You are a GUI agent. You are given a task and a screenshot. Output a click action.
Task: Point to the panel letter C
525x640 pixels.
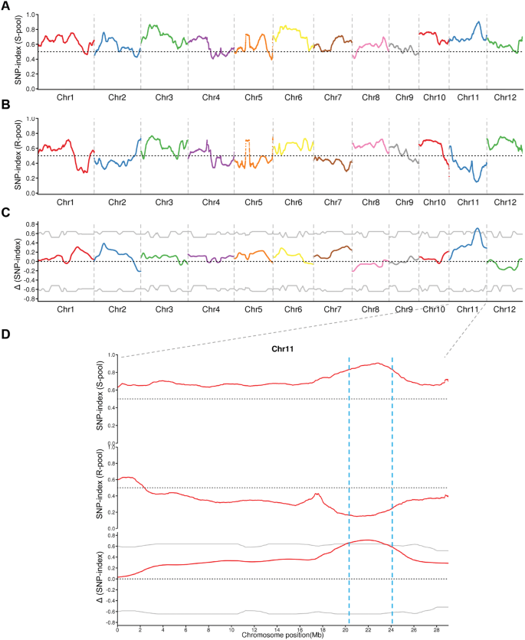[6, 217]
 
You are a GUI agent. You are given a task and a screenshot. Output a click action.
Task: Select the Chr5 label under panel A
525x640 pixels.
[255, 97]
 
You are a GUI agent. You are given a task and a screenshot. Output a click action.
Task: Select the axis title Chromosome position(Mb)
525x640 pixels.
[282, 635]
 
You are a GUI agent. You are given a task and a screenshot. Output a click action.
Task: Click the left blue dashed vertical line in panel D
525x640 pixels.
[349, 490]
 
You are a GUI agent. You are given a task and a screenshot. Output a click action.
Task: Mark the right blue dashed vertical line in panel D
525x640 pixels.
[392, 490]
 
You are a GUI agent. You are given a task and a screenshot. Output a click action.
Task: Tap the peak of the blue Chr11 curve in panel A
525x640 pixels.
[477, 22]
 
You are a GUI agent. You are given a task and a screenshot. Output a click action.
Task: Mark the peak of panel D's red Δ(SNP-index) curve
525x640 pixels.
[368, 540]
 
